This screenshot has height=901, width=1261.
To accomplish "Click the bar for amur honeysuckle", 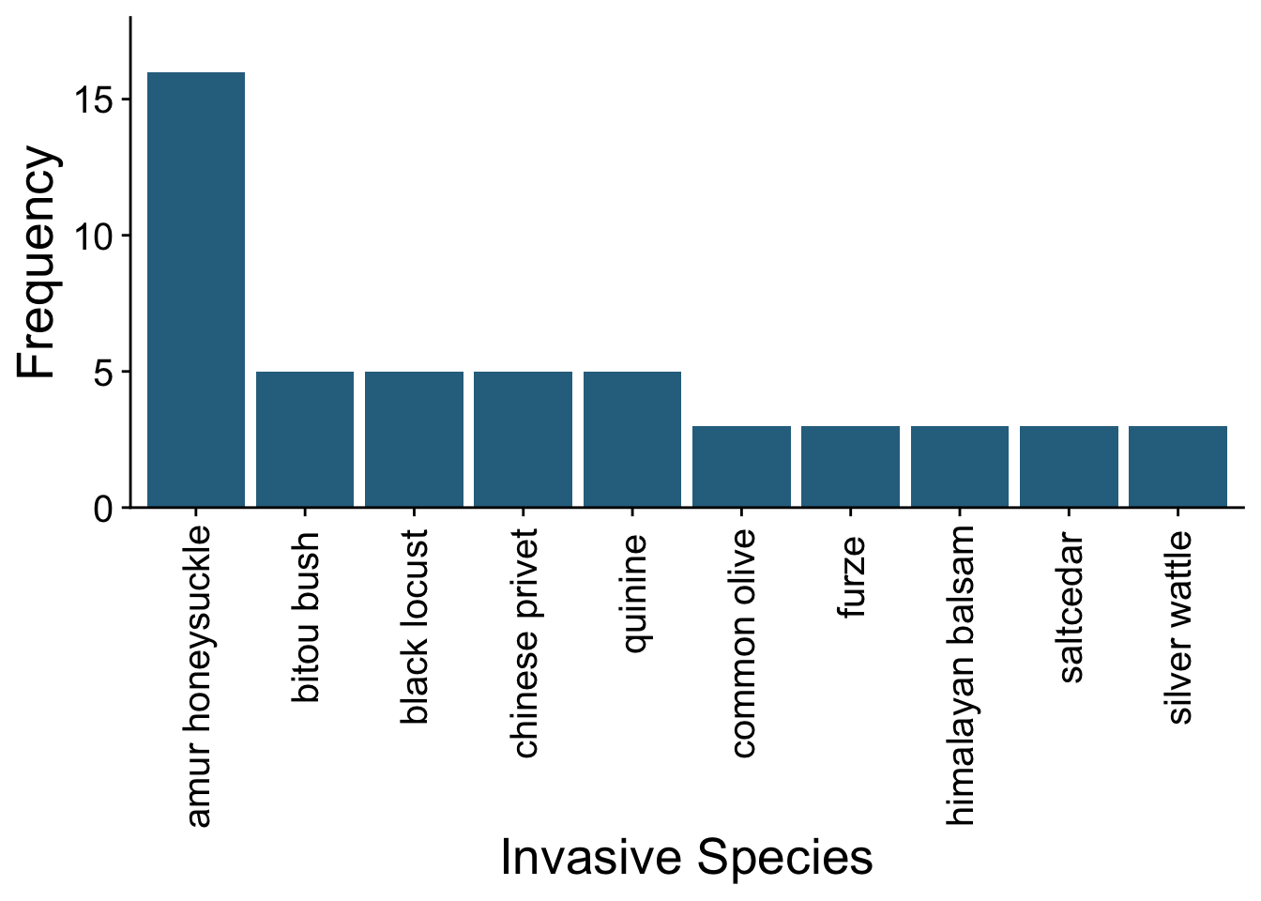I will (x=195, y=290).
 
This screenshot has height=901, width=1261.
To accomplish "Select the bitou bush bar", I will (x=305, y=439).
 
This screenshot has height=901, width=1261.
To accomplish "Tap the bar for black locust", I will (x=414, y=439).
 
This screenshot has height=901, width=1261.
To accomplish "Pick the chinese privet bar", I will (x=523, y=439).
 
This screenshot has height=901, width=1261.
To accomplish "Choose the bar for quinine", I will (x=632, y=439).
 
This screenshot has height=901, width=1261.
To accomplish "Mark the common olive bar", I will (x=741, y=466).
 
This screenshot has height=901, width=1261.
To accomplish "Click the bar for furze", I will (x=850, y=466).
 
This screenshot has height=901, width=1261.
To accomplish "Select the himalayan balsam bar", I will (x=960, y=466).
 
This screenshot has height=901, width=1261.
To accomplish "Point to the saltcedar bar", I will (x=1069, y=466).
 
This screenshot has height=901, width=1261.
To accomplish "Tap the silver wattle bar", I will (x=1177, y=466).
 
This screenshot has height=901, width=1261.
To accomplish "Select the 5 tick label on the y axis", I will (x=103, y=373).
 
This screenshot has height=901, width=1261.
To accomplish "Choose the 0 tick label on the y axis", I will (x=103, y=509).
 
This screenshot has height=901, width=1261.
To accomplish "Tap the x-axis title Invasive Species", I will (x=687, y=858).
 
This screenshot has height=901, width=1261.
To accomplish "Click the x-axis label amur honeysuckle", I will (x=197, y=677).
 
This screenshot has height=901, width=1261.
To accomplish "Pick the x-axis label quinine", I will (x=634, y=593).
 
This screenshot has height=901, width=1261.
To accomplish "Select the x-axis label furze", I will (x=852, y=577).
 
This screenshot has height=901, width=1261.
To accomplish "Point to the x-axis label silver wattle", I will (x=1179, y=627).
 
